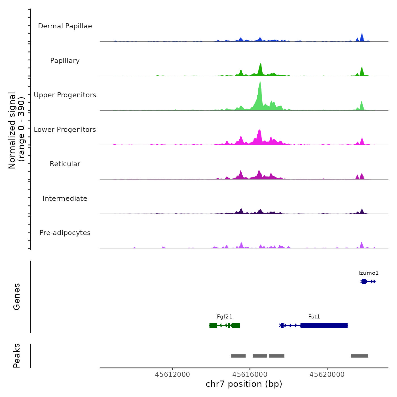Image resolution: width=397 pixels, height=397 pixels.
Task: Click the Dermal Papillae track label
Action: (x=65, y=26)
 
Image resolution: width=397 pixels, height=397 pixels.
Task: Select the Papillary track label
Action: (x=65, y=61)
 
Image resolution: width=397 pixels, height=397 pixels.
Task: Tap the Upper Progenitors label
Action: (x=65, y=95)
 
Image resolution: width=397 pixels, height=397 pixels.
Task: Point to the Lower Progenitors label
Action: (x=65, y=130)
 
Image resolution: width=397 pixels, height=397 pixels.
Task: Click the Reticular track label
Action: (x=65, y=164)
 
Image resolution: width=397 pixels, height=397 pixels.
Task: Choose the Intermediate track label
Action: (x=65, y=198)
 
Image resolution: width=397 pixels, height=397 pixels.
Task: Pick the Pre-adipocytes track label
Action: (x=65, y=233)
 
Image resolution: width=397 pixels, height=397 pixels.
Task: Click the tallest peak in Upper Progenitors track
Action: (x=260, y=85)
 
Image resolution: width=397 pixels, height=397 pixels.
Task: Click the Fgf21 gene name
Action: (x=225, y=317)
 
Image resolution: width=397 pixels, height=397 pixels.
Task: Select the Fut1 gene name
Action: (x=314, y=317)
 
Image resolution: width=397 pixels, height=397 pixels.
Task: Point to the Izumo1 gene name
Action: (x=368, y=273)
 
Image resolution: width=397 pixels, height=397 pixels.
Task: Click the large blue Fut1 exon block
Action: (x=324, y=325)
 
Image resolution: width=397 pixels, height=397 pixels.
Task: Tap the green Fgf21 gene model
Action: (x=225, y=325)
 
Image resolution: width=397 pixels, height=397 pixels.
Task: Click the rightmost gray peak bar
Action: (x=360, y=356)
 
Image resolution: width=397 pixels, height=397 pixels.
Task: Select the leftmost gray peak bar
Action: (x=238, y=356)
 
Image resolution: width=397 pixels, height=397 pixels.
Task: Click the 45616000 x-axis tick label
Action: (x=250, y=375)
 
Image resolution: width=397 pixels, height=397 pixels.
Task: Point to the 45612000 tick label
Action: (x=172, y=375)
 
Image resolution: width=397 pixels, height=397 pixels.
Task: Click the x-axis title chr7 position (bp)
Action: (x=244, y=384)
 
